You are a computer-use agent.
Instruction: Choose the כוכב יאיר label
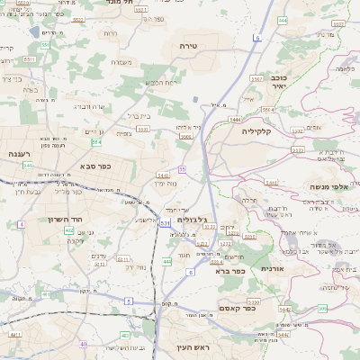tap(297, 83)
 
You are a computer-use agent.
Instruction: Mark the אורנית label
tap(273, 268)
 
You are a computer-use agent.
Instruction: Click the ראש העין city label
tap(193, 346)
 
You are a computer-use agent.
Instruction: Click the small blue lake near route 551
tap(35, 31)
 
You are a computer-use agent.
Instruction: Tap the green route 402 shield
tap(68, 229)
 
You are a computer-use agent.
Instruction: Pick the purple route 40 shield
tap(83, 344)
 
